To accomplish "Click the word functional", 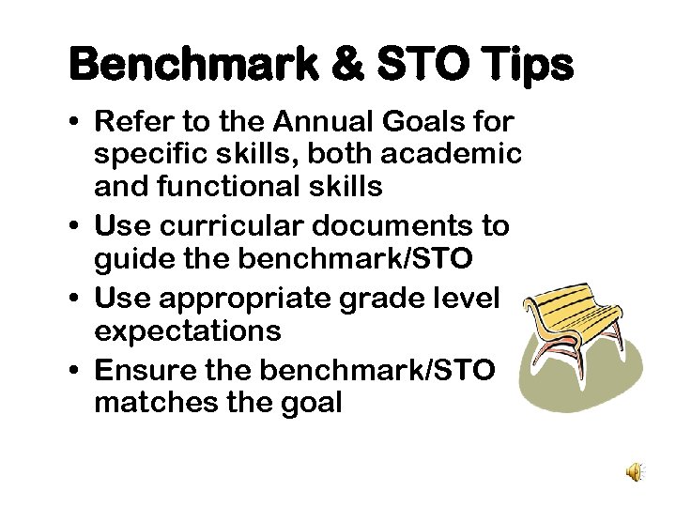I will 232,187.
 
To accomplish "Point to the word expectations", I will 187,330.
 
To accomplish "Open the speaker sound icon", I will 636,472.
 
